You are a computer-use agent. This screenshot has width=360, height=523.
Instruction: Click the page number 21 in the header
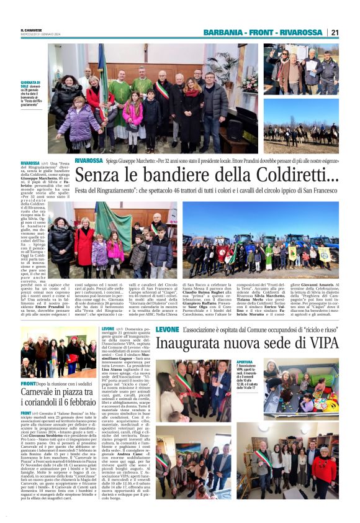click(x=335, y=32)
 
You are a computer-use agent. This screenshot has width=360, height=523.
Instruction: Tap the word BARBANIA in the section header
click(x=223, y=32)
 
